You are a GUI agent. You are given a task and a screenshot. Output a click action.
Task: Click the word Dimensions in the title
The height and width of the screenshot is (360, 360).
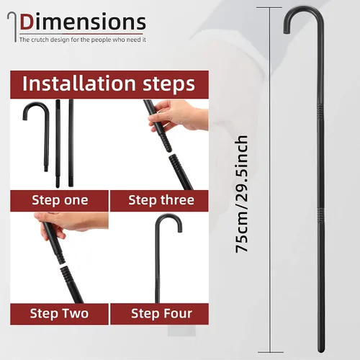[83, 22]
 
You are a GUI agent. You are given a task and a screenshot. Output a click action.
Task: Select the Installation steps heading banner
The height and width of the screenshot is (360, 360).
[109, 84]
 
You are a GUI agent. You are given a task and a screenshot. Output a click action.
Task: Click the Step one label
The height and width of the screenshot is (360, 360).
[60, 200]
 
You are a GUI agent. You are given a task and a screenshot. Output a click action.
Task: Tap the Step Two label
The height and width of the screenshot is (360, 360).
[59, 314]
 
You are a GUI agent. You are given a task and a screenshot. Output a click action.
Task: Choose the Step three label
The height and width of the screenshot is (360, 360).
[161, 200]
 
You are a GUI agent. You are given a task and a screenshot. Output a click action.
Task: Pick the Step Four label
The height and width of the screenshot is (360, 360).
[161, 314]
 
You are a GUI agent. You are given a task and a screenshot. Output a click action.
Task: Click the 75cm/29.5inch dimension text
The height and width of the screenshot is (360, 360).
[241, 194]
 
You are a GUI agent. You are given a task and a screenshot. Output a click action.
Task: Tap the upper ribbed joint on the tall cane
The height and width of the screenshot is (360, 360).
[321, 111]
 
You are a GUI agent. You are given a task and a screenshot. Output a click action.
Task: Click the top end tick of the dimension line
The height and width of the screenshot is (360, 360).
[269, 8]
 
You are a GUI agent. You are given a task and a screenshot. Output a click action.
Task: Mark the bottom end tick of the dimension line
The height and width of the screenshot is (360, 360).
[271, 352]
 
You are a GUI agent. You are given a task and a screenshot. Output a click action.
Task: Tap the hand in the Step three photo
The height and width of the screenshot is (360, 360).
[178, 115]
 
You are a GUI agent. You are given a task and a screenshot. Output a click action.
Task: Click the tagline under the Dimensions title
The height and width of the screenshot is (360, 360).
[83, 40]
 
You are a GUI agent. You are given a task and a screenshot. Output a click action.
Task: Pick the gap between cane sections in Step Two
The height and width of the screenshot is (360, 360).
[63, 264]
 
